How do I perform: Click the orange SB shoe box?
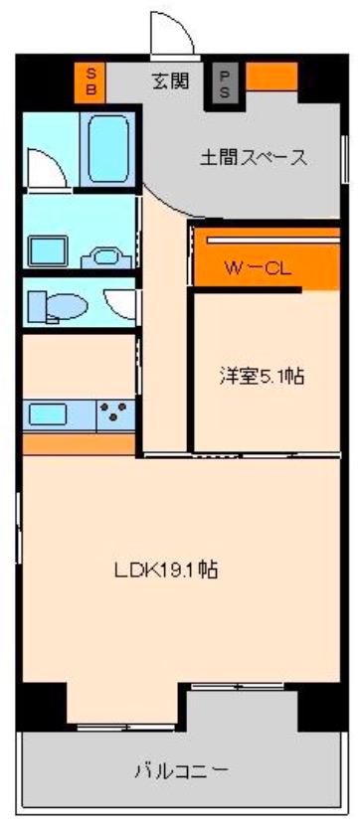pos(90,83)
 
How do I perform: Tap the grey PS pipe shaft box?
pos(225,83)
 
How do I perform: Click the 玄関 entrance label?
pos(170,81)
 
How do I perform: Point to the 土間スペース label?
pos(254,157)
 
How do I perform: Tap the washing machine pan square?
pos(48,250)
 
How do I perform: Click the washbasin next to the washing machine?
pos(106,257)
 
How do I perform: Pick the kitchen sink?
pos(48,413)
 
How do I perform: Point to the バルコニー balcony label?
pos(182,772)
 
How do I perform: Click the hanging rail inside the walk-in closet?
pos(272,240)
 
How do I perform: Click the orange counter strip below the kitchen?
pos(79,444)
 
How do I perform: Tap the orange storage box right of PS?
pos(271,77)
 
